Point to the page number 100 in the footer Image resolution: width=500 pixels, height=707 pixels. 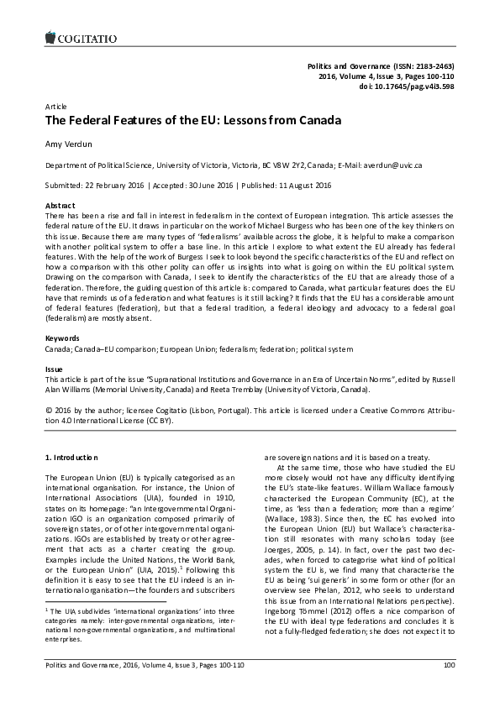click(x=448, y=688)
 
